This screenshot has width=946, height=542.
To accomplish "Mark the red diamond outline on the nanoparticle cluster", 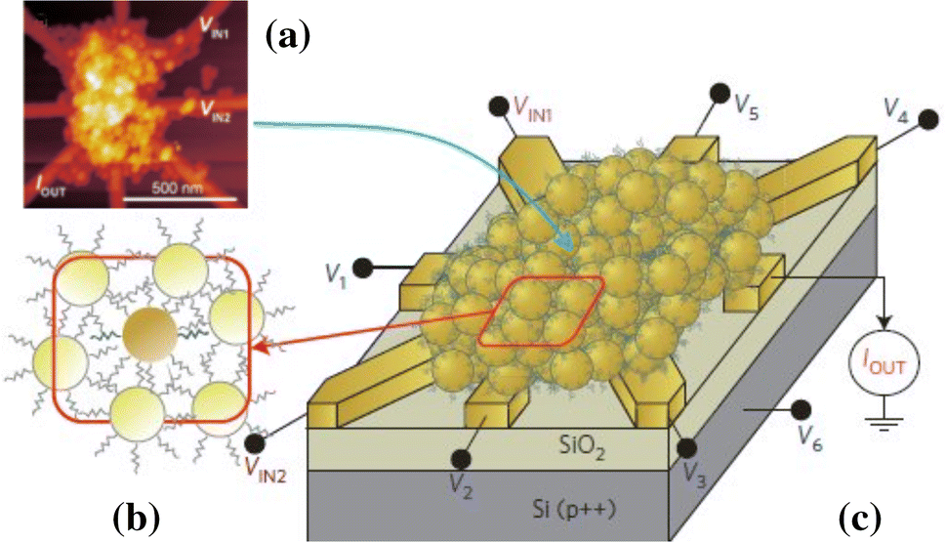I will coord(541,311).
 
